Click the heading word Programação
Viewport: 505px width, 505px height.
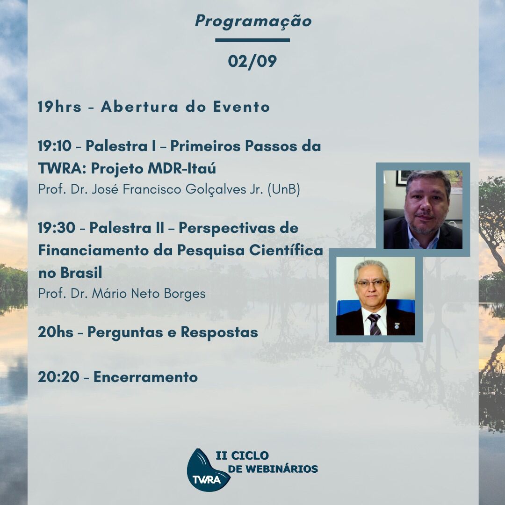pos(253,22)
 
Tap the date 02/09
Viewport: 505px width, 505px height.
pos(252,61)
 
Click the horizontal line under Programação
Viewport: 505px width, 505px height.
pos(252,40)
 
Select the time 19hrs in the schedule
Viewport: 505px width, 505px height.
pos(59,107)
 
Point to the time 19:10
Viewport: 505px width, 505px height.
pos(54,146)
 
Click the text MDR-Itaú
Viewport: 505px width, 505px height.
pos(181,168)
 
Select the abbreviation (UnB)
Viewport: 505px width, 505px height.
pos(284,189)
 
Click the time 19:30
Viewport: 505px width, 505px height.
pos(57,228)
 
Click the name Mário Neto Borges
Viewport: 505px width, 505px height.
pos(149,294)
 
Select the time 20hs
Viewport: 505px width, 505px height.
pos(55,332)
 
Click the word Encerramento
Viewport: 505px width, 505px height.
pos(145,377)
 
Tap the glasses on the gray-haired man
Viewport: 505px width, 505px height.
pos(371,283)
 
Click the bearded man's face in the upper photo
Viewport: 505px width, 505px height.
pos(426,206)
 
